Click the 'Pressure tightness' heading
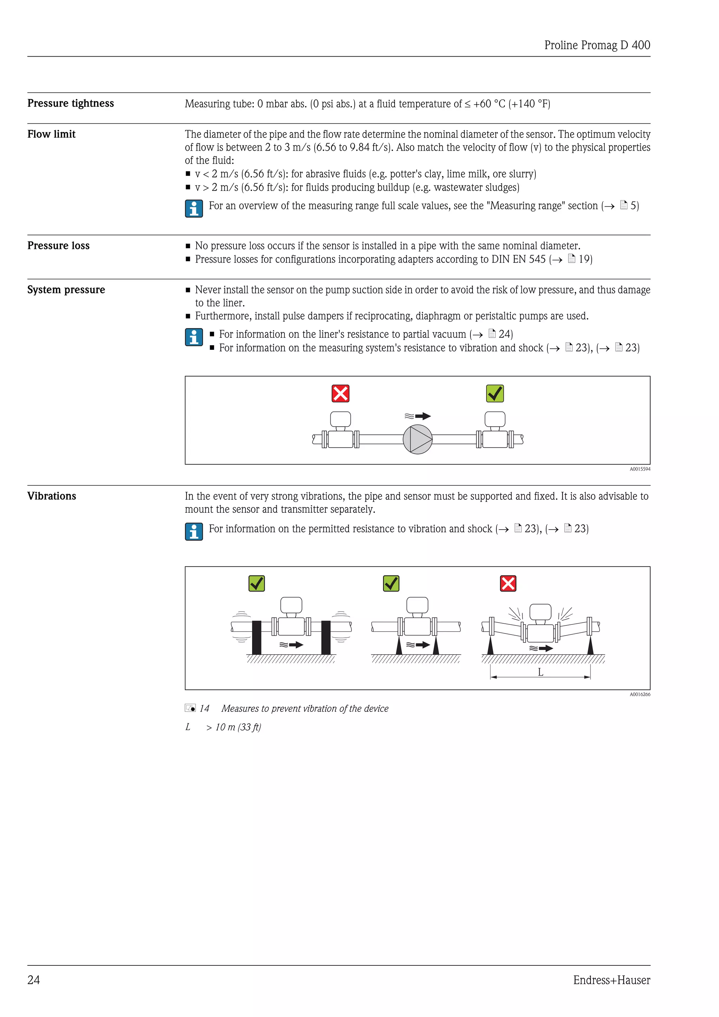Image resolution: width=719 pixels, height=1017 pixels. pyautogui.click(x=71, y=103)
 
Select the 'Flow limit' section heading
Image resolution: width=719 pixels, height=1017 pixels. pyautogui.click(x=51, y=134)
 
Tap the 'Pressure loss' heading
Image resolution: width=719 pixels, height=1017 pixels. pyautogui.click(x=58, y=246)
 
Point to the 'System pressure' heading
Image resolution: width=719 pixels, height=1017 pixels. pyautogui.click(x=66, y=290)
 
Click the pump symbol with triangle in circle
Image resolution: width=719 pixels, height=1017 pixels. pyautogui.click(x=417, y=439)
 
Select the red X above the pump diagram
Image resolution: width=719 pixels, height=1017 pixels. pyautogui.click(x=341, y=393)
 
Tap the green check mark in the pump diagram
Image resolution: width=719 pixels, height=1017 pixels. pyautogui.click(x=495, y=393)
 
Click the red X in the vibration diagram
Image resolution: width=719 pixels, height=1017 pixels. pyautogui.click(x=508, y=583)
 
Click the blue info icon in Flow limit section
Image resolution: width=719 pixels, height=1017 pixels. pyautogui.click(x=194, y=209)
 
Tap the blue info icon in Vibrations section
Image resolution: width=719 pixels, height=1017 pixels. pyautogui.click(x=194, y=532)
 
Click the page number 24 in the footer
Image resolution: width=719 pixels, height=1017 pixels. pyautogui.click(x=34, y=980)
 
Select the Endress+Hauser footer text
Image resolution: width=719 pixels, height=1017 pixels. pyautogui.click(x=612, y=980)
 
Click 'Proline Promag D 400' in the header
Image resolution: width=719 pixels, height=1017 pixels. pyautogui.click(x=597, y=45)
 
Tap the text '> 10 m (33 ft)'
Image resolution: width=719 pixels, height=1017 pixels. pyautogui.click(x=234, y=727)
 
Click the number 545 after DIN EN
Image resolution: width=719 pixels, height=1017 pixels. pyautogui.click(x=537, y=259)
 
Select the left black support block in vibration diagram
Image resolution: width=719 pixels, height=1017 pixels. pyautogui.click(x=256, y=637)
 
